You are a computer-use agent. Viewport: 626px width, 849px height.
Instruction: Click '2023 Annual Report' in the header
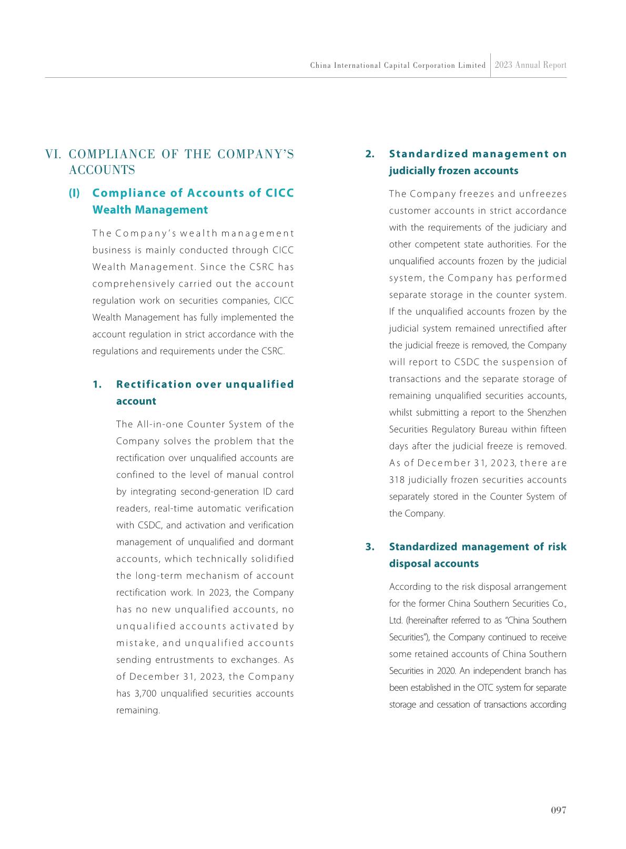click(x=530, y=65)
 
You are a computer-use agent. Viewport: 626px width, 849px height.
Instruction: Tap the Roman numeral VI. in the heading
click(x=54, y=155)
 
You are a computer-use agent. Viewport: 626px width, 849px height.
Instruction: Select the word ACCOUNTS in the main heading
click(x=102, y=170)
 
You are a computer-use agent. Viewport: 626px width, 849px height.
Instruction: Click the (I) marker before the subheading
click(x=74, y=193)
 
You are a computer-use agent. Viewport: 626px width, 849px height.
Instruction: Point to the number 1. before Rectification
click(x=97, y=384)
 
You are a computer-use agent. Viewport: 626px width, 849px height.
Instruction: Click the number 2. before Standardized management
click(x=370, y=154)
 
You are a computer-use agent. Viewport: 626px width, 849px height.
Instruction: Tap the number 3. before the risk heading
click(x=370, y=547)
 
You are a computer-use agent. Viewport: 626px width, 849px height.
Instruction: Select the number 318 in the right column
click(x=397, y=480)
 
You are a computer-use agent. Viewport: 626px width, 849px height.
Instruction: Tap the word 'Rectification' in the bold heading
click(x=153, y=384)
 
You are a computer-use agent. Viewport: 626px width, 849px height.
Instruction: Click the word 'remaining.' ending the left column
click(x=138, y=710)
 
